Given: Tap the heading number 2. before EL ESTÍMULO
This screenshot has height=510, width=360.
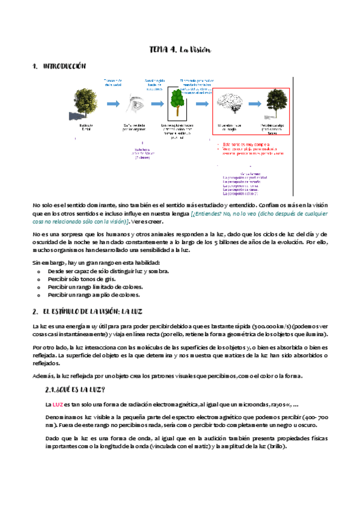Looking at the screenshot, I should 35,312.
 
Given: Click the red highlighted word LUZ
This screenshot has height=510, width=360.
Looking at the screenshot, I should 58,404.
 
